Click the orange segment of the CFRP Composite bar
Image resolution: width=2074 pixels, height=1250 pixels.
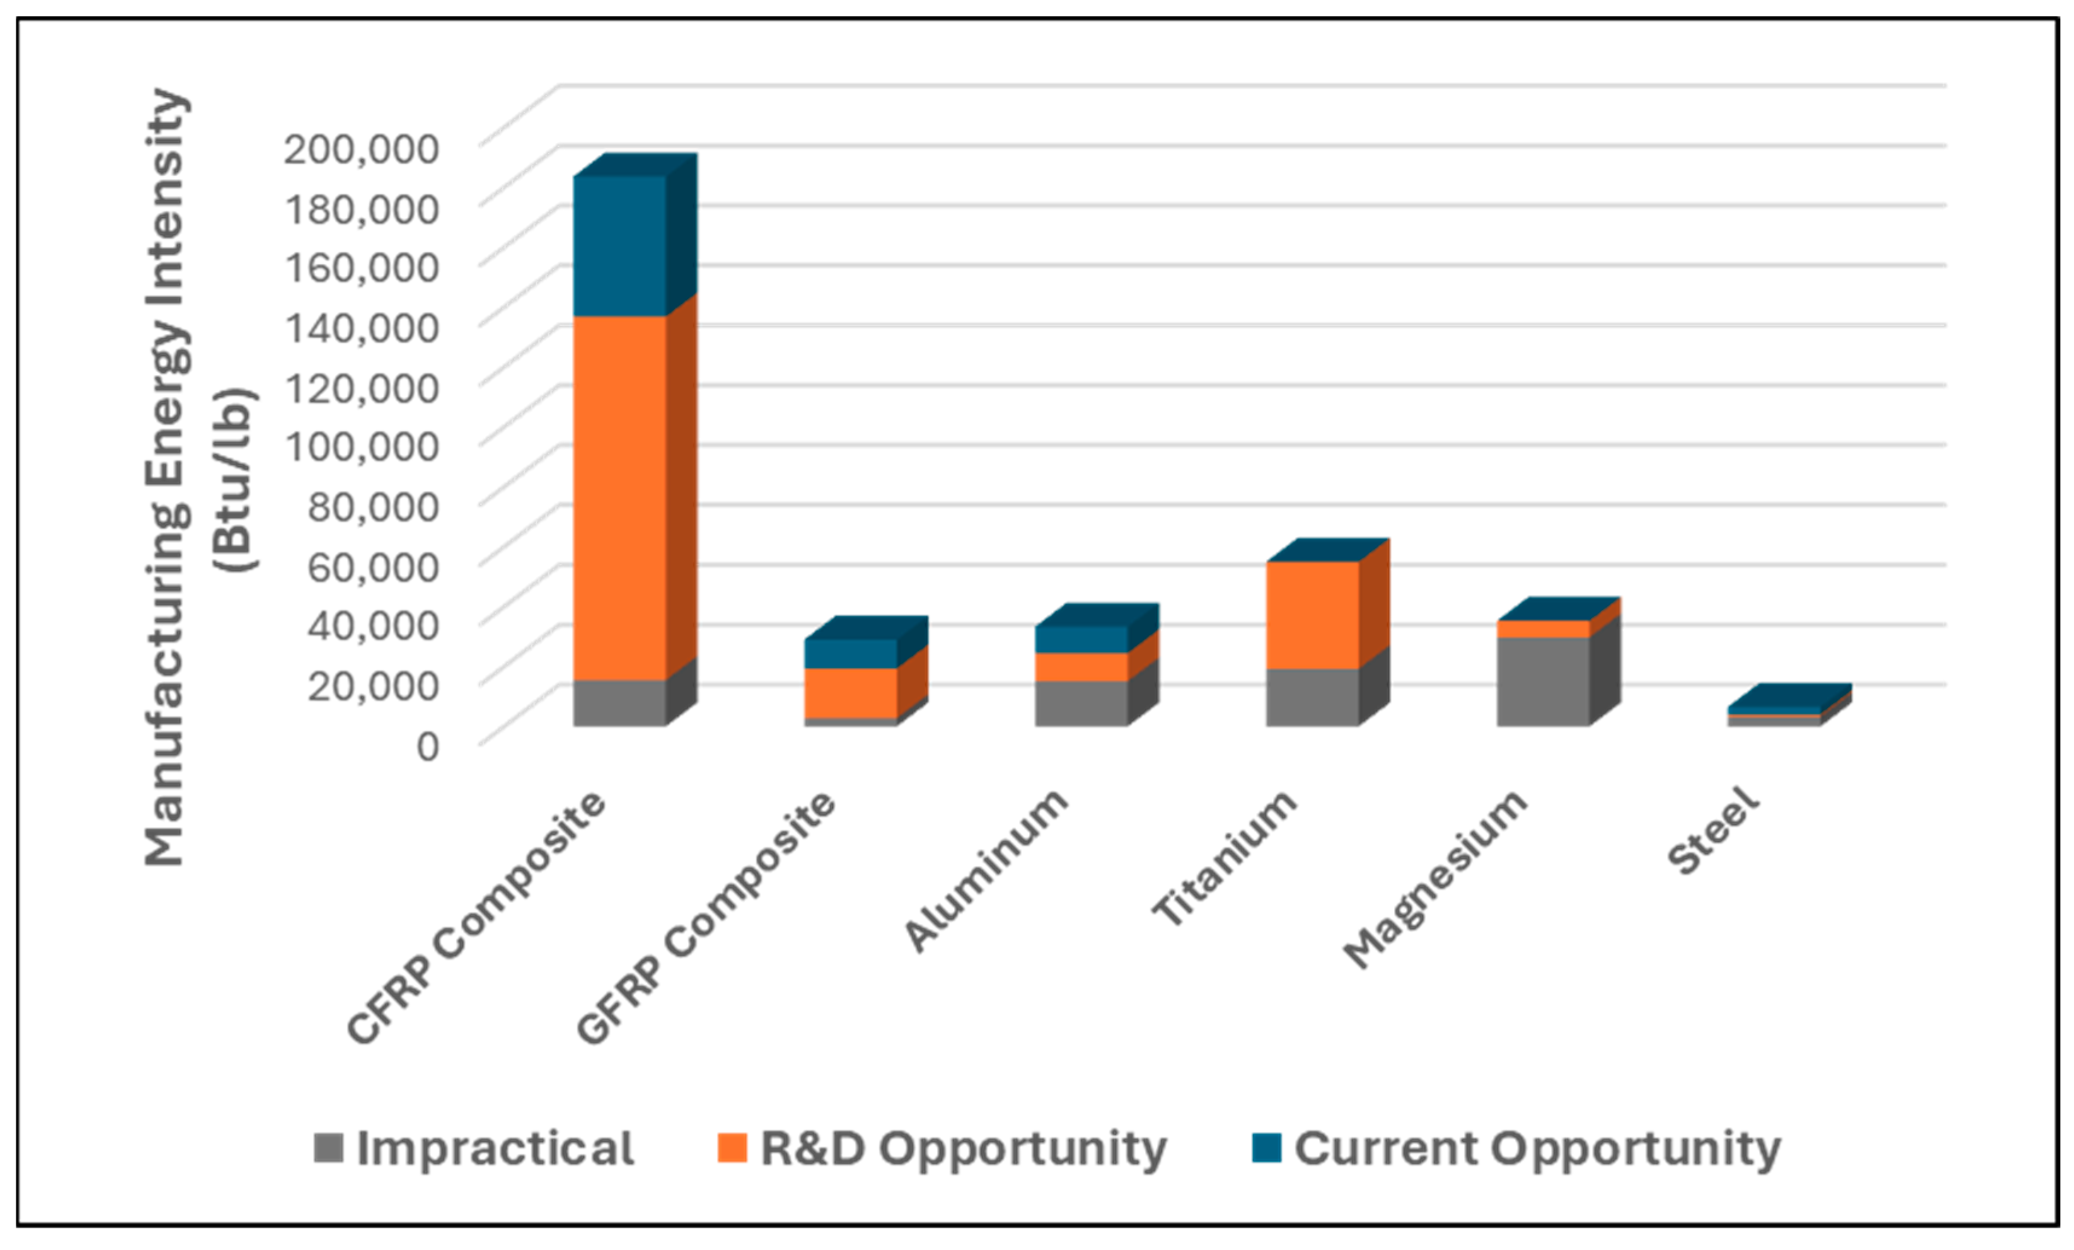tap(619, 497)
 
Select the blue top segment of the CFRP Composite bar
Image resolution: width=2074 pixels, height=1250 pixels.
tap(619, 246)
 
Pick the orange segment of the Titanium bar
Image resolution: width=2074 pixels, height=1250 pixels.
tap(1312, 615)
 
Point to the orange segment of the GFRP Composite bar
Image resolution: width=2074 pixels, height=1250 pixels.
tap(850, 692)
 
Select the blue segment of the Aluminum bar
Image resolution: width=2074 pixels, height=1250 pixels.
tap(1081, 639)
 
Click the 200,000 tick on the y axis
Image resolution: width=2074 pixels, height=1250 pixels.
tap(360, 149)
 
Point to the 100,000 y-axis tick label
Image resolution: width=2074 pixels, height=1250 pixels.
tap(362, 446)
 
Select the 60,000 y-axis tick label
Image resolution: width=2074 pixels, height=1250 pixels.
tap(372, 566)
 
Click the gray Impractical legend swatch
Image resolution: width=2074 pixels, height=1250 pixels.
tap(328, 1147)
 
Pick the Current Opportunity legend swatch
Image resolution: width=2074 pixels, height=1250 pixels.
tap(1266, 1147)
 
